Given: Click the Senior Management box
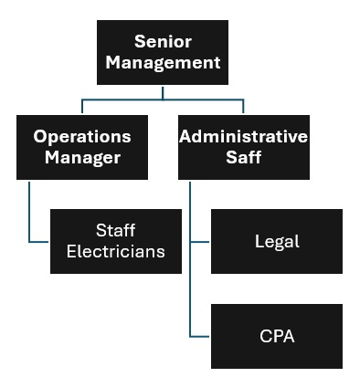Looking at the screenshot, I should (163, 52).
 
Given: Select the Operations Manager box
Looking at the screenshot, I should (82, 146).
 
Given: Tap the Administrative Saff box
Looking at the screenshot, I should (243, 146).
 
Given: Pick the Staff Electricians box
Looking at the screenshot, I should (115, 241).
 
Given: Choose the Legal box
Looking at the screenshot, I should (277, 241).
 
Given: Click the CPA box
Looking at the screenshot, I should (277, 336).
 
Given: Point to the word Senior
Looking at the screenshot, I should (163, 41).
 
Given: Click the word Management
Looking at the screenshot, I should (163, 63).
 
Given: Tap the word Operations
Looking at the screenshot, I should (82, 136).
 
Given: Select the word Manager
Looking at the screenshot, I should (82, 158).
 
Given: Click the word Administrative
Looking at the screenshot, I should (243, 136).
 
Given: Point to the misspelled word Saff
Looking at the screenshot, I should (243, 158).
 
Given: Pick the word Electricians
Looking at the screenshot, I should (115, 252).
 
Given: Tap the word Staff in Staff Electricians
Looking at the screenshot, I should (115, 230).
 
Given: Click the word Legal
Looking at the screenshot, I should (277, 242).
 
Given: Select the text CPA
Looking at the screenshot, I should (277, 337).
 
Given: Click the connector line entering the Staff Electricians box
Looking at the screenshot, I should (39, 242).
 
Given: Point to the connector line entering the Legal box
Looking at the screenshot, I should (201, 242).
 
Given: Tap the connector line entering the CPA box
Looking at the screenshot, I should (201, 337).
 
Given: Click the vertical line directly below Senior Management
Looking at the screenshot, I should (163, 91).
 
